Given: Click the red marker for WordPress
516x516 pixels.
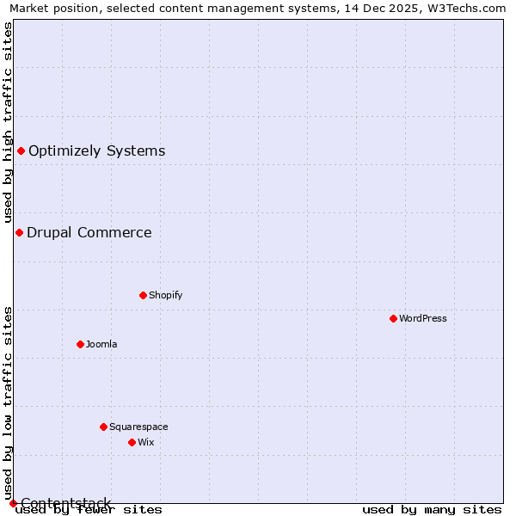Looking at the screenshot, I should tap(393, 318).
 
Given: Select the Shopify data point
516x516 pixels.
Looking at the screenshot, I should tap(143, 295).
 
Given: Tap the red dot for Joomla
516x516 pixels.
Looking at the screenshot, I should tap(80, 344).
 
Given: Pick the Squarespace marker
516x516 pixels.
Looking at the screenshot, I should tap(103, 427).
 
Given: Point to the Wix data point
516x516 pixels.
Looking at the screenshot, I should tap(132, 442).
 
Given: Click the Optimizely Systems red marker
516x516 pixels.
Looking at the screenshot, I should tap(21, 151).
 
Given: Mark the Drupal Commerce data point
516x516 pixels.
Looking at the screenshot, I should tap(19, 232).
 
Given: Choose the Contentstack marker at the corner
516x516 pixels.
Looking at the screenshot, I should tap(13, 503).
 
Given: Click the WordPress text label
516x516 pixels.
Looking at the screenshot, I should tap(423, 318).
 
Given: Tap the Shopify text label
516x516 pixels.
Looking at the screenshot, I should tap(166, 295).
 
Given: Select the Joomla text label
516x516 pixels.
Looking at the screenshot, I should tap(101, 344).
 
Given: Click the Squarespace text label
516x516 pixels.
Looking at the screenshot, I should tap(138, 427).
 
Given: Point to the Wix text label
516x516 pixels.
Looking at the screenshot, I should tap(146, 442).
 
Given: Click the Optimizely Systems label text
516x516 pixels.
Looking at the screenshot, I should tap(96, 151).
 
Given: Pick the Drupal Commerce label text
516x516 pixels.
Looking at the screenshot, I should tap(89, 232).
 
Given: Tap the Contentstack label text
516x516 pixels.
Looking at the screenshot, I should tap(66, 503).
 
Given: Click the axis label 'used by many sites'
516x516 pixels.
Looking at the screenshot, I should tap(432, 510).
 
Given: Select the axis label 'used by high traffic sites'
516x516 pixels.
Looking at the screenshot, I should tap(8, 122).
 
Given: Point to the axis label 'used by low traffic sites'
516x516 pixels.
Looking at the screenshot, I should tap(8, 402).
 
